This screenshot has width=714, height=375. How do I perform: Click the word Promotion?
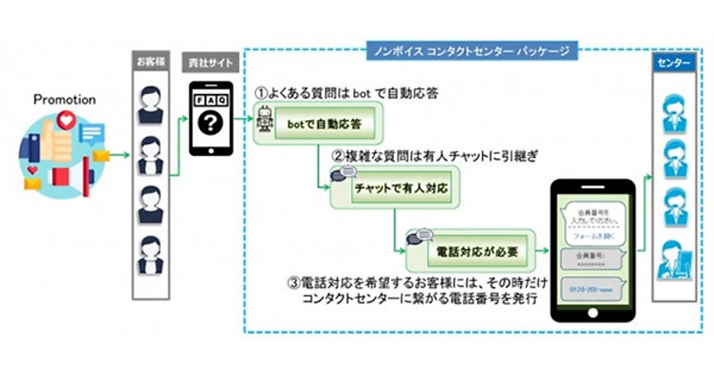64,100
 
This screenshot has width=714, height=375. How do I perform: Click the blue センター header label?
674,62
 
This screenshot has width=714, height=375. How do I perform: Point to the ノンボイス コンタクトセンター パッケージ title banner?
470,51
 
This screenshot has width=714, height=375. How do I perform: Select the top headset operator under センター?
674,112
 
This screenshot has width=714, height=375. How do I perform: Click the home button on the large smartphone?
593,312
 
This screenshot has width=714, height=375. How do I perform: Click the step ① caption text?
347,94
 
